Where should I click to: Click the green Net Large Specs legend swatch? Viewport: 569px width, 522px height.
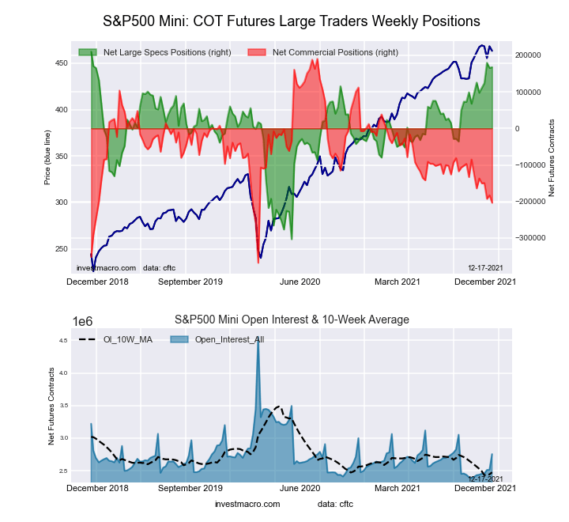pos(87,52)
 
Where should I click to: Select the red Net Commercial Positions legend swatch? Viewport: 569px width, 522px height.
pos(256,52)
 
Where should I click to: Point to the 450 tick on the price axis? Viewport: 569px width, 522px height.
pos(61,62)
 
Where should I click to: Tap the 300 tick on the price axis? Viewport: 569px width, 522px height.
pos(61,202)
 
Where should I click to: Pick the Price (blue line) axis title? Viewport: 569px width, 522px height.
pos(48,156)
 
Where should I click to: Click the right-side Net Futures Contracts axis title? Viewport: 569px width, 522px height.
pos(551,158)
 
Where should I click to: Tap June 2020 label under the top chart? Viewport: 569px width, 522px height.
pos(300,281)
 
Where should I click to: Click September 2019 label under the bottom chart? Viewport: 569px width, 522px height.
pos(190,489)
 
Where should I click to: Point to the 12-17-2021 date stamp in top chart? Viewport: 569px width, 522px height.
pos(484,267)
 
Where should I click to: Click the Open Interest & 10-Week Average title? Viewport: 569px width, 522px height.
pos(292,320)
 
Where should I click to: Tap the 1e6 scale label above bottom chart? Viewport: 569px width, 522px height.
pos(85,321)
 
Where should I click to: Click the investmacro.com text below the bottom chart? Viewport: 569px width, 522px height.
pos(247,504)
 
